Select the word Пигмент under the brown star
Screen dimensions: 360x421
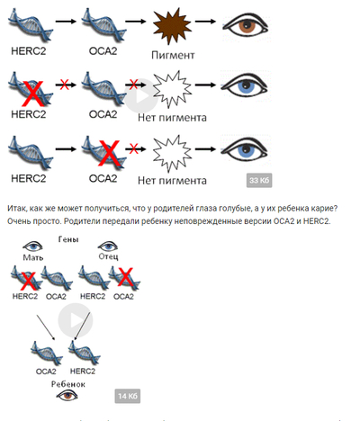click(x=173, y=55)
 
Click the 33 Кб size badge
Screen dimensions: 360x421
click(x=259, y=180)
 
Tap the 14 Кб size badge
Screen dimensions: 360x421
click(x=128, y=396)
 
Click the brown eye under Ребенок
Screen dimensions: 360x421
click(x=67, y=396)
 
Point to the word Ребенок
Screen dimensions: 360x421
click(x=68, y=384)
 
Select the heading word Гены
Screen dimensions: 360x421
click(x=68, y=239)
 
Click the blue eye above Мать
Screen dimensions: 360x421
click(x=32, y=246)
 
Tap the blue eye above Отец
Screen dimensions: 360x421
click(x=108, y=246)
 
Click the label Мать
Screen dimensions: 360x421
click(x=33, y=257)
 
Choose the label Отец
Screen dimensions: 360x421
click(x=108, y=256)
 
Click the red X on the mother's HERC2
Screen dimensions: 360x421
click(x=29, y=281)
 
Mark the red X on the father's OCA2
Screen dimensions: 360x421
click(x=126, y=277)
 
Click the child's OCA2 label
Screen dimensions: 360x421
click(x=46, y=372)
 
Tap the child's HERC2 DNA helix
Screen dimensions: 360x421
click(x=85, y=353)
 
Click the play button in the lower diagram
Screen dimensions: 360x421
click(x=76, y=320)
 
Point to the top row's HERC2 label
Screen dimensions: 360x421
click(x=29, y=51)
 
